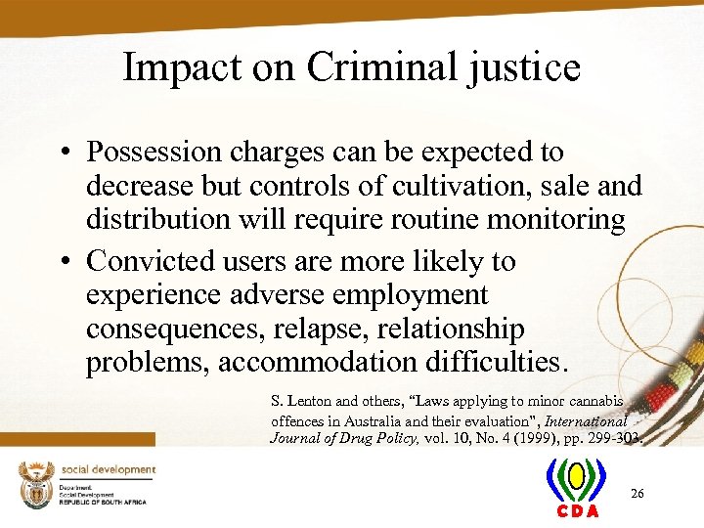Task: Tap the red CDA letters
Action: coord(577,512)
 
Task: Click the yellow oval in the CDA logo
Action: coord(577,477)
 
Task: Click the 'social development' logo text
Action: coord(109,470)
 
